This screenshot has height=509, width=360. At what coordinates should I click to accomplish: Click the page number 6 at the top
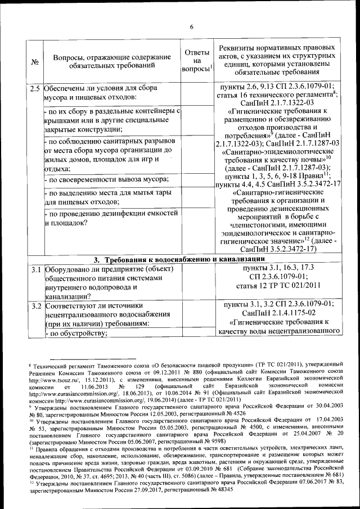click(x=191, y=27)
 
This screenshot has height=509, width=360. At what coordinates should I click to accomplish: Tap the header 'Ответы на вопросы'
click(x=196, y=60)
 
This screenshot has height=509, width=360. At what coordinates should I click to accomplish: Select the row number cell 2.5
click(x=35, y=88)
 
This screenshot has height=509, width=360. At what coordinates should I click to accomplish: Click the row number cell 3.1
click(x=35, y=268)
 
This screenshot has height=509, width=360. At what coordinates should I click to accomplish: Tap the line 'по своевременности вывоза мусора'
click(x=109, y=179)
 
